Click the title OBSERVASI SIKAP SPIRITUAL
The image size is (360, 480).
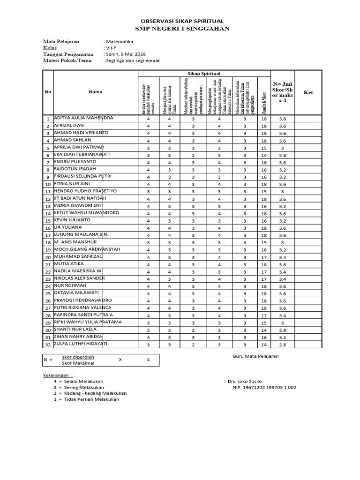[x=182, y=21]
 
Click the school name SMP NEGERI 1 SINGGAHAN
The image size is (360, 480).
[x=182, y=29]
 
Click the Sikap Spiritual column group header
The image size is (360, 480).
[x=204, y=74]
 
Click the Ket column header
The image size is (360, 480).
[x=308, y=92]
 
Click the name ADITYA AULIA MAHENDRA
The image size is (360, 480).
[x=84, y=118]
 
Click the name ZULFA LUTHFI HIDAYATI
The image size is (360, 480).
[x=81, y=344]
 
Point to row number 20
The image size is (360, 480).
[x=48, y=257]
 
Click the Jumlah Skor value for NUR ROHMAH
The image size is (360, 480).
[x=263, y=286]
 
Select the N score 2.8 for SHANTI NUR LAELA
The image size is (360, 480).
[x=282, y=330]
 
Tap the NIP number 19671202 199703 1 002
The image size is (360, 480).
[x=264, y=388]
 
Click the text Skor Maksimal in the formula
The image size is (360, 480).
[x=78, y=363]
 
